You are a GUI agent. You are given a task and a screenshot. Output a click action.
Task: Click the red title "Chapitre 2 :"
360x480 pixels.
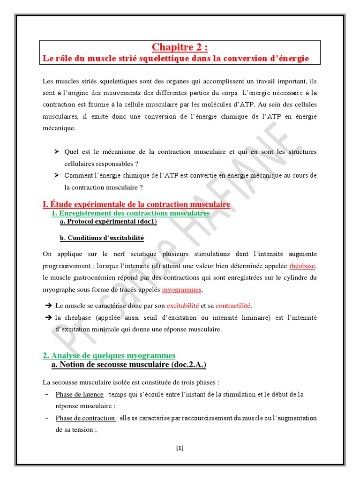click(180, 47)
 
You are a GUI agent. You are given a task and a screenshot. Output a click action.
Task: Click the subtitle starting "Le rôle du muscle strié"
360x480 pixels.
click(176, 59)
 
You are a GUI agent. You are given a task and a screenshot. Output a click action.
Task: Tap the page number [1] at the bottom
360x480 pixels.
click(180, 448)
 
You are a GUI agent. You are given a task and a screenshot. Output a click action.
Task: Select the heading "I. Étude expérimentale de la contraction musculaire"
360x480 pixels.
click(136, 204)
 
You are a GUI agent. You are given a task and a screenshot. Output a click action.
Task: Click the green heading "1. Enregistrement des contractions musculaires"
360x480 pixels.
click(130, 213)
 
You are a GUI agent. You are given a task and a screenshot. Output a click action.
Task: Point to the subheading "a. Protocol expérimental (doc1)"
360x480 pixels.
click(108, 222)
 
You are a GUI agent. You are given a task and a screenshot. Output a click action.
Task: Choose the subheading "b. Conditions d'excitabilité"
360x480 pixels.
click(102, 238)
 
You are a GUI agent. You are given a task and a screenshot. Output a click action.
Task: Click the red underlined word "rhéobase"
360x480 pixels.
click(303, 266)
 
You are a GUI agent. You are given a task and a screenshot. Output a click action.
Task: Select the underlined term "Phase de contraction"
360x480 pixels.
click(85, 418)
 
